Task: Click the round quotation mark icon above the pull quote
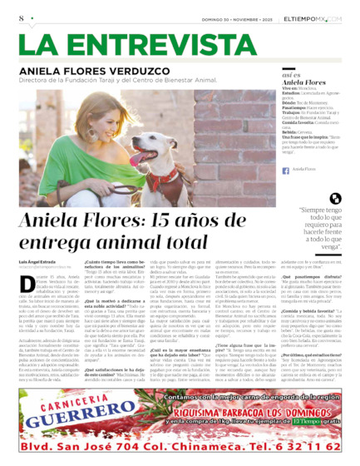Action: coord(334,198)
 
